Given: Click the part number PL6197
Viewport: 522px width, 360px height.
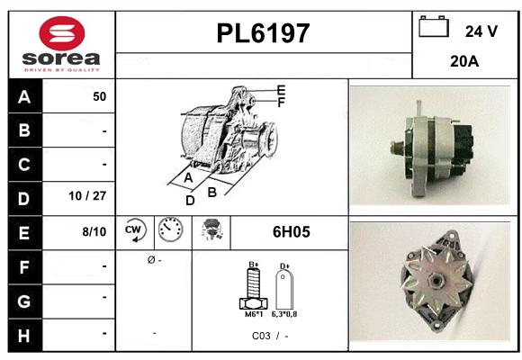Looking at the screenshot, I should point(264,34).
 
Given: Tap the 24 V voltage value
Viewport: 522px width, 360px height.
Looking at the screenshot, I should point(481,31).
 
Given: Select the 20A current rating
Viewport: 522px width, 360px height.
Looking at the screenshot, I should point(463,63).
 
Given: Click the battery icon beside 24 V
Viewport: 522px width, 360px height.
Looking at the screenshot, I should point(434,28).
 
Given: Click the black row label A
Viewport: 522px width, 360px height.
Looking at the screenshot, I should point(24,96).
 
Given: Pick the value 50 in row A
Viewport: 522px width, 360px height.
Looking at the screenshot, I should point(99,96).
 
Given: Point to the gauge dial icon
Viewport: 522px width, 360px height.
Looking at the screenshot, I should point(170,231).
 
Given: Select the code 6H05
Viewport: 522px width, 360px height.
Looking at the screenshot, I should point(291,232).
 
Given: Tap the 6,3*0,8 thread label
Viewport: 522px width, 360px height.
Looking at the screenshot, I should point(284,313).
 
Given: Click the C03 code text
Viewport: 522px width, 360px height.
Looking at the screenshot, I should point(261,335).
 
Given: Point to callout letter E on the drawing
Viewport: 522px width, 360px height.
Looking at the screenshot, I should point(281,90).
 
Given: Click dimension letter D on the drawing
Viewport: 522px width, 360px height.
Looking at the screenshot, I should point(190,201).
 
